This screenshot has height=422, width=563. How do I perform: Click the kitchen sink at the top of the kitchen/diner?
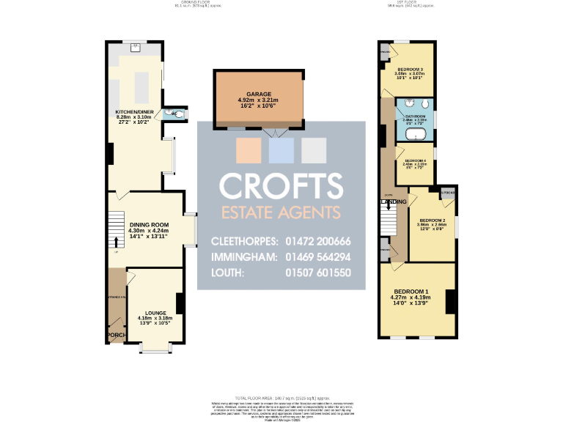(136, 49)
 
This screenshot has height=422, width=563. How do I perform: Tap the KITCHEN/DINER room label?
(136, 113)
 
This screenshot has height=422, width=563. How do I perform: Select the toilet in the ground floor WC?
(170, 114)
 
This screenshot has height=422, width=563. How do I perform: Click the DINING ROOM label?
(149, 225)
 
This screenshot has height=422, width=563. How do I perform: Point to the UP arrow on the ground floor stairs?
(116, 243)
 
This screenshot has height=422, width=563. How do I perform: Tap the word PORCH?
(116, 336)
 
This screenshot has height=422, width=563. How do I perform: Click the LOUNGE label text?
(155, 313)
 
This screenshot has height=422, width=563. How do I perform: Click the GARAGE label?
(259, 95)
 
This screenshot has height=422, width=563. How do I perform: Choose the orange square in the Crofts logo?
(247, 150)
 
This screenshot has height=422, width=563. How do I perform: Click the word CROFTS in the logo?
(281, 186)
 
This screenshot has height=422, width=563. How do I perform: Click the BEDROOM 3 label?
(410, 69)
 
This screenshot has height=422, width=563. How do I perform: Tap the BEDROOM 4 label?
(415, 160)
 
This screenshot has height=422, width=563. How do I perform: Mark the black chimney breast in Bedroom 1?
(451, 301)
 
